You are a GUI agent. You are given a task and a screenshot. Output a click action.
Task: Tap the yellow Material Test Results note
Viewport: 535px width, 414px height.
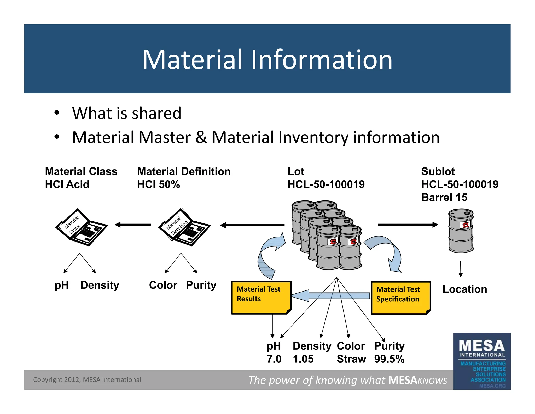[261, 298]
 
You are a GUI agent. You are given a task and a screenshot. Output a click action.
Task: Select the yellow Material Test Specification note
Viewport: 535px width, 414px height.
[400, 298]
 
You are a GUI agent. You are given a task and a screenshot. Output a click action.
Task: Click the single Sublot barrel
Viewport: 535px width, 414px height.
[461, 231]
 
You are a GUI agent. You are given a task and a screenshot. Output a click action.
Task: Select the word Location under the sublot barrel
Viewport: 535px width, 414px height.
[464, 289]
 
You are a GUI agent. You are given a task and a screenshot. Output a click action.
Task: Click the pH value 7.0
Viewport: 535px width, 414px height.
[274, 359]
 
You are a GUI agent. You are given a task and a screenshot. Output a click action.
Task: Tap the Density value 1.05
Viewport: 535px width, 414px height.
[303, 359]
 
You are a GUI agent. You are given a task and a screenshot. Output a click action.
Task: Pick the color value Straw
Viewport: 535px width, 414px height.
[351, 359]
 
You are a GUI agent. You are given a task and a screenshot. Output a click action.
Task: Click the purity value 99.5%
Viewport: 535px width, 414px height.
[389, 359]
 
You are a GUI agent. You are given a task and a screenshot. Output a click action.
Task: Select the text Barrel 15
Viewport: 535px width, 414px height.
[444, 197]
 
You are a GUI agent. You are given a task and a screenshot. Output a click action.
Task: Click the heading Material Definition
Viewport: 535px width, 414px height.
[184, 171]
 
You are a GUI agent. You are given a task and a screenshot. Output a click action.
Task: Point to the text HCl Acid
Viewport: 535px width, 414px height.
[67, 184]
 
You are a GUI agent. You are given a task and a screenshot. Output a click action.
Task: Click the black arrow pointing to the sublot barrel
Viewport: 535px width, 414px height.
[408, 225]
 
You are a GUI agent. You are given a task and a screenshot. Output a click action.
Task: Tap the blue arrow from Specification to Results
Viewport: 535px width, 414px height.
[330, 296]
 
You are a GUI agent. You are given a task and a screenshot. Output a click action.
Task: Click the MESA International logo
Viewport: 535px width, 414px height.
[482, 361]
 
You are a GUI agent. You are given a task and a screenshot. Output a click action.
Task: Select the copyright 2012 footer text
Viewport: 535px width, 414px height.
[87, 380]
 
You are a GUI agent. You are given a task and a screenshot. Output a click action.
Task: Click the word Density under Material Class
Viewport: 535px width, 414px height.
[100, 285]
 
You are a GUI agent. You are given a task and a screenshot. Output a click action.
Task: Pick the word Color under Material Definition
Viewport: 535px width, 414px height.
[163, 285]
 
